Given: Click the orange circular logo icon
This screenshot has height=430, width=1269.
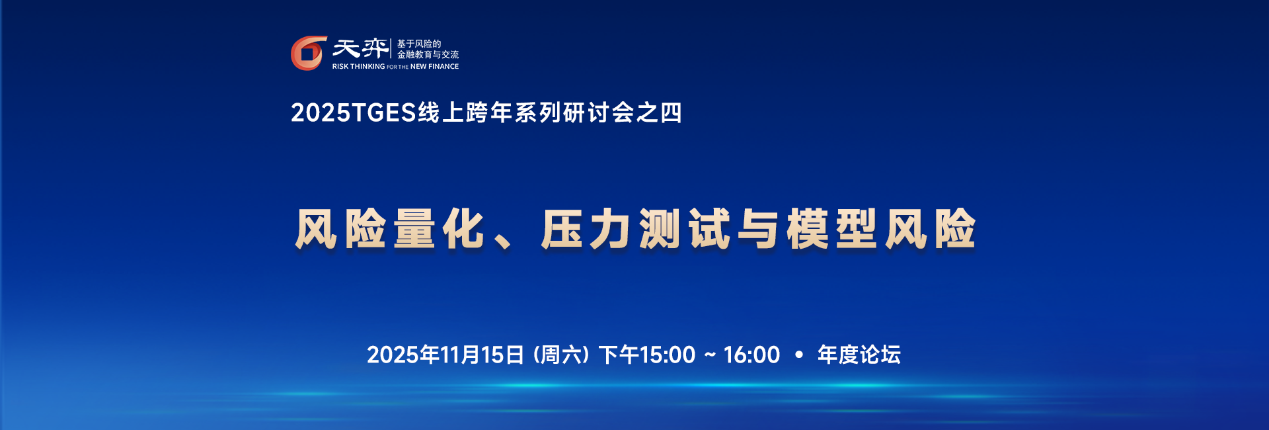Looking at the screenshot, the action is click(x=309, y=53).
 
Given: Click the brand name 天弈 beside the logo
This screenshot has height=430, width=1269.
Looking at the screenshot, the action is click(x=360, y=48).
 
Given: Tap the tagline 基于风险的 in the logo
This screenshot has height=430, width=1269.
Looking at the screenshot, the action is click(x=418, y=44).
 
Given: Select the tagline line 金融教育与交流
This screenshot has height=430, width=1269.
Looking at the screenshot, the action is click(x=428, y=55).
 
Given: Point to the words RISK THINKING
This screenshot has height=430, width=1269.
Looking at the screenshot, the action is click(x=358, y=67).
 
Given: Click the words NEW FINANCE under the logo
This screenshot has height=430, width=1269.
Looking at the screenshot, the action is click(x=434, y=67).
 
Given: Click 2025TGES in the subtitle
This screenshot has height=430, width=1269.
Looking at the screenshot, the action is click(x=354, y=112).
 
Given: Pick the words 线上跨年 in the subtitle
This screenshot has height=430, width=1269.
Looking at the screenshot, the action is click(x=465, y=112).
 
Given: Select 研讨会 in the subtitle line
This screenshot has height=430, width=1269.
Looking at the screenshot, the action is click(x=598, y=112).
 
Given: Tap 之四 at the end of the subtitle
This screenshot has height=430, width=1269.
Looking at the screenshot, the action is click(x=658, y=112).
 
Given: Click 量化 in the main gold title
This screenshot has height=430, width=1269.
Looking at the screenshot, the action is click(x=440, y=229).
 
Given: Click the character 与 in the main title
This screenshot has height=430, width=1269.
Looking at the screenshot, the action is click(x=759, y=229).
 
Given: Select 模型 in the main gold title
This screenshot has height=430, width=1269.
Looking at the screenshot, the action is click(x=833, y=229).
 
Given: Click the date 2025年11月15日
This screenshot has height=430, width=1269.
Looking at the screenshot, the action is click(x=446, y=355).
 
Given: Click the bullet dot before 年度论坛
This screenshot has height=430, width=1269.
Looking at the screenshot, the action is click(x=799, y=355).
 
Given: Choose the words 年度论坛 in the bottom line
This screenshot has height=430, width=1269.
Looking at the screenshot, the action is click(x=859, y=355).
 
